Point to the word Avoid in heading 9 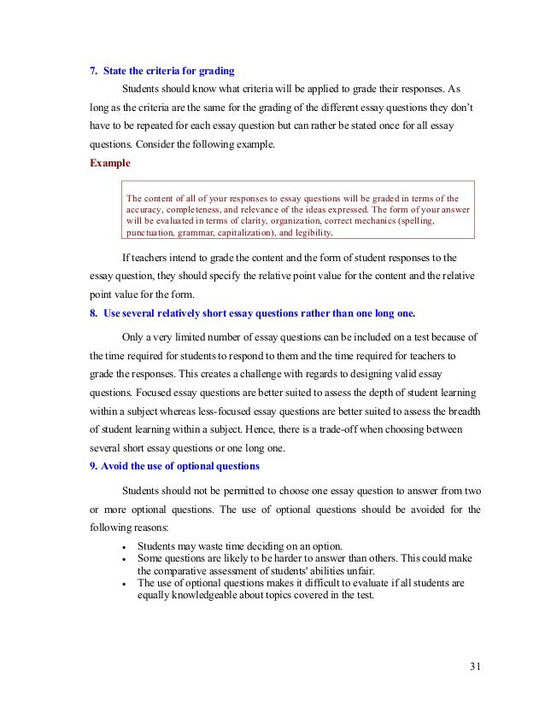(116, 466)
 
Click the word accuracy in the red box (149, 207)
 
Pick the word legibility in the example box (312, 231)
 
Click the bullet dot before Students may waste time (126, 546)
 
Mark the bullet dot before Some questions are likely (126, 558)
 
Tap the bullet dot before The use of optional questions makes (126, 584)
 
